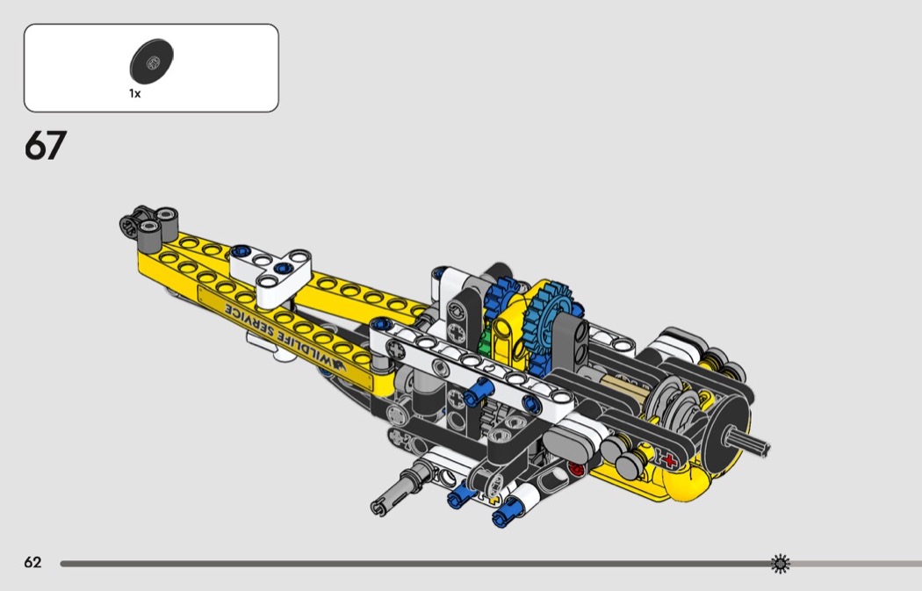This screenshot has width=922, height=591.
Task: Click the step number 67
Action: point(46,145)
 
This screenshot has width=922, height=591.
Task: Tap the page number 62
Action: point(33,563)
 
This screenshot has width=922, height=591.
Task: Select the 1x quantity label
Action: point(135,93)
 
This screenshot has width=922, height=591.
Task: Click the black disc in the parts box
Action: point(152,61)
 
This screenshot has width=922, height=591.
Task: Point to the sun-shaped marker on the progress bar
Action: point(781,564)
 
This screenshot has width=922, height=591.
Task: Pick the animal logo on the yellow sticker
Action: point(339,364)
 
